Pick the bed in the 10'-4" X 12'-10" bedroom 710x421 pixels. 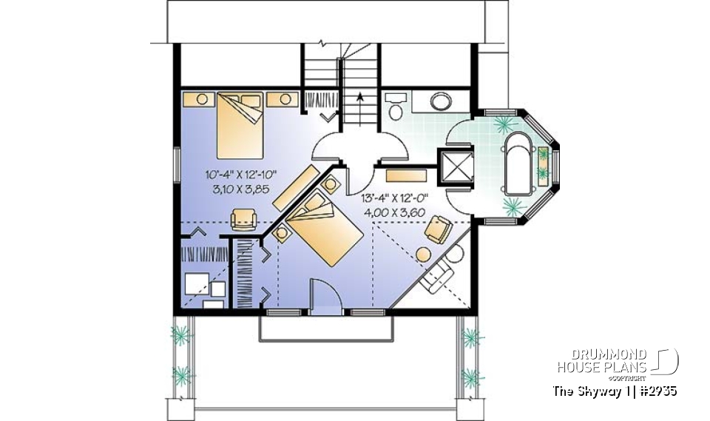(240, 124)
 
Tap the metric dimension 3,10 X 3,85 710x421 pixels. (236, 189)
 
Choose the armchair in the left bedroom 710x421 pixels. (243, 219)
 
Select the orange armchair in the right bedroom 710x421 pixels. (438, 229)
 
